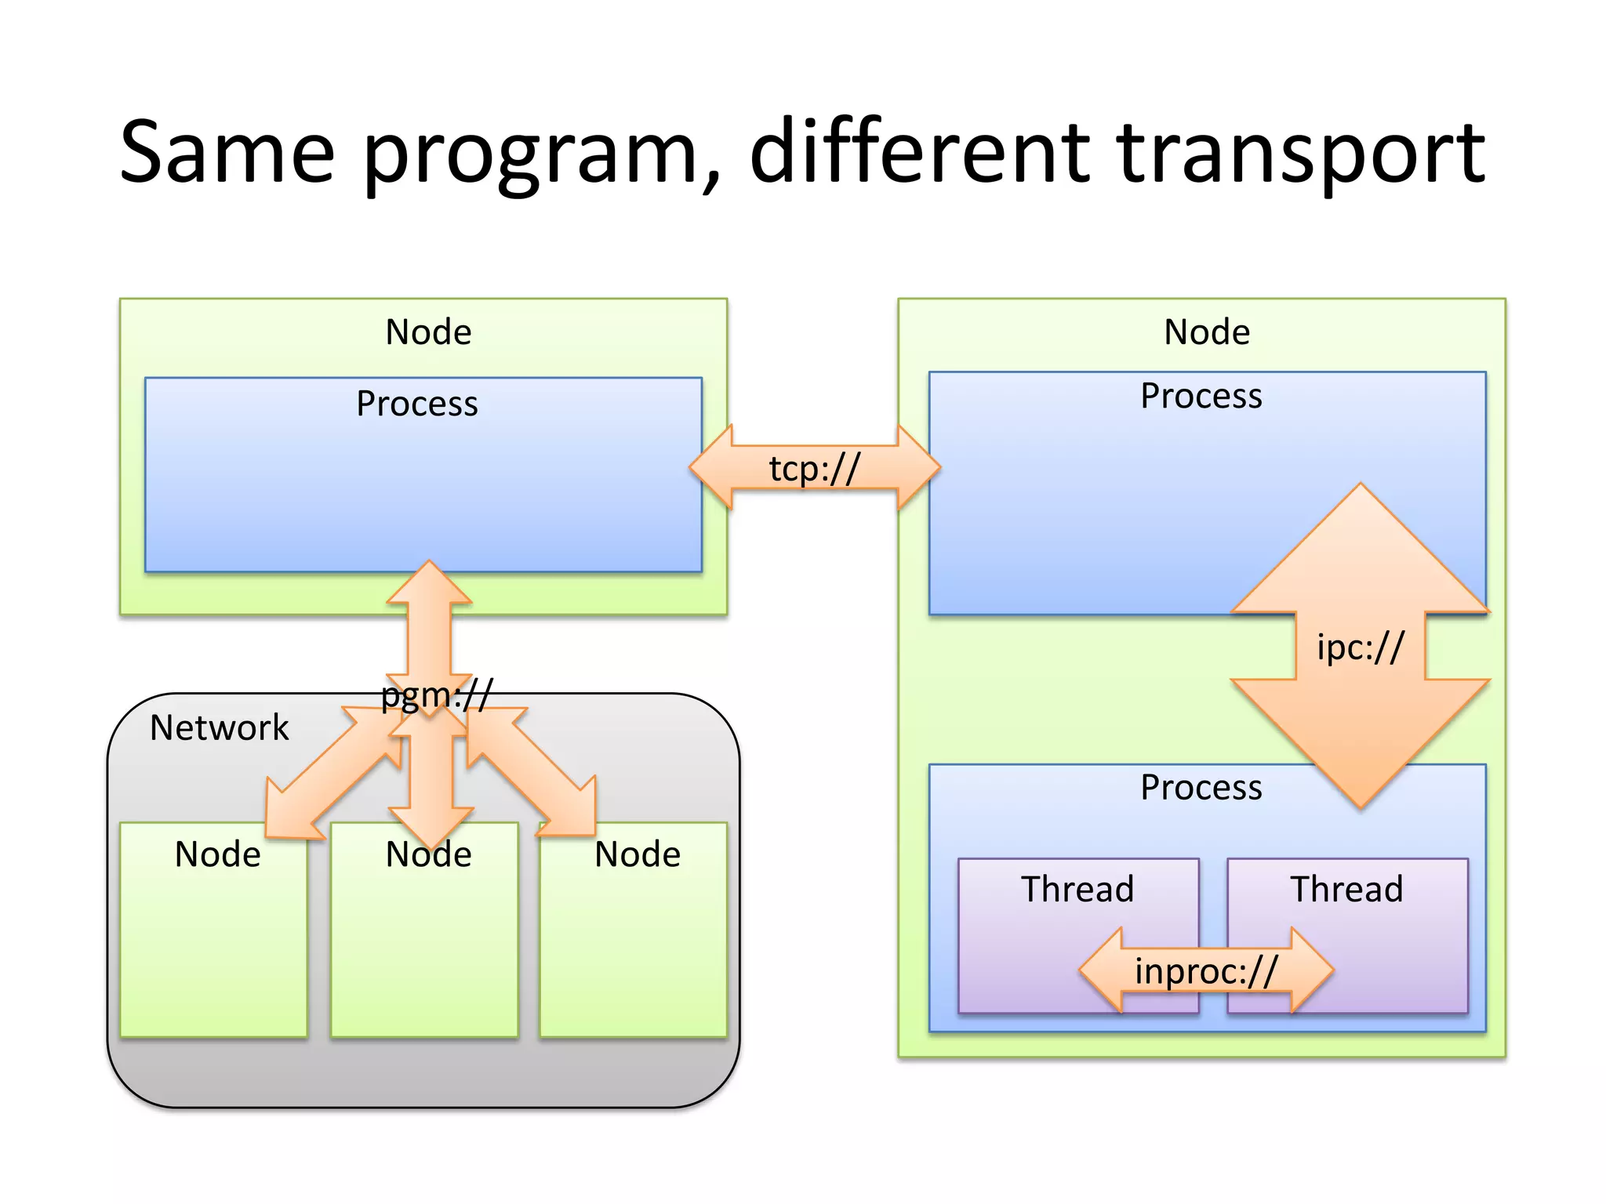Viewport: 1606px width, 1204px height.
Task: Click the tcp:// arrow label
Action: pyautogui.click(x=814, y=469)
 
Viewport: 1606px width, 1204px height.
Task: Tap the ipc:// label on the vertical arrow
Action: pyautogui.click(x=1361, y=647)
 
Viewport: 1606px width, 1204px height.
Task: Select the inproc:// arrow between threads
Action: pyautogui.click(x=1206, y=970)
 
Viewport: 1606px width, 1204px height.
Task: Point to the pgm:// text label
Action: pyautogui.click(x=437, y=695)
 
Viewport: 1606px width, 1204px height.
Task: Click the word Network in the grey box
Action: pyautogui.click(x=220, y=727)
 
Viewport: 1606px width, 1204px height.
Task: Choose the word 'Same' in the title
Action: pyautogui.click(x=227, y=152)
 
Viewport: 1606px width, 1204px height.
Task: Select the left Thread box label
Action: pyautogui.click(x=1077, y=889)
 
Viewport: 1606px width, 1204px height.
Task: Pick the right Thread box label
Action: pyautogui.click(x=1346, y=889)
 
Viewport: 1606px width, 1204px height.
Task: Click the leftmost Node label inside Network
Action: pyautogui.click(x=217, y=854)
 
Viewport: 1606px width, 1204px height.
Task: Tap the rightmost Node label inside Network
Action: pyautogui.click(x=637, y=854)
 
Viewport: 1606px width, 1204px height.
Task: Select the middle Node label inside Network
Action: pyautogui.click(x=428, y=854)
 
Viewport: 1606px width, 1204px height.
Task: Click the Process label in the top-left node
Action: pyautogui.click(x=416, y=404)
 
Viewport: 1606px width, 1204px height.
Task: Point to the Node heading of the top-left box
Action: pyautogui.click(x=428, y=332)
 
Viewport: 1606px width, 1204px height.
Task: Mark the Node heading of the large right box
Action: pyautogui.click(x=1206, y=332)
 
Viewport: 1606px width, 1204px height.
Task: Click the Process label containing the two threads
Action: pyautogui.click(x=1201, y=787)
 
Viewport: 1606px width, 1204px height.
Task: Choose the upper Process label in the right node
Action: pyautogui.click(x=1201, y=396)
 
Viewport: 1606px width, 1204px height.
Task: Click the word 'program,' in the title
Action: pyautogui.click(x=541, y=152)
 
